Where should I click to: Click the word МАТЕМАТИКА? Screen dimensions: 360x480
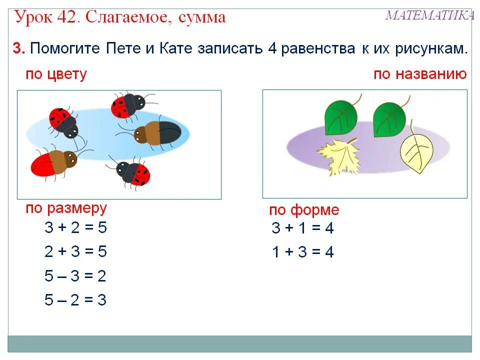[429, 15]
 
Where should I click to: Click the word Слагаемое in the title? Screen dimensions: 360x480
[125, 17]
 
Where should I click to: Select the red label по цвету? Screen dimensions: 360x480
[56, 74]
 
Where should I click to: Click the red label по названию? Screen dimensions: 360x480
[419, 74]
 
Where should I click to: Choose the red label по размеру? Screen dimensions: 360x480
[66, 208]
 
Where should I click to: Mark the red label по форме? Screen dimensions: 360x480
[304, 210]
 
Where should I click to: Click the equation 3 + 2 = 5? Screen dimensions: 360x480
[75, 228]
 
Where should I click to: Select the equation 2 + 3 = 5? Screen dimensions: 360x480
[75, 251]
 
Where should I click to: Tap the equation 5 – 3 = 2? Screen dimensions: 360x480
[75, 276]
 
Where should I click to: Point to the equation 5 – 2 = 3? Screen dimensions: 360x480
[75, 300]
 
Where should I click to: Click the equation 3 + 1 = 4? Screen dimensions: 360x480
[302, 228]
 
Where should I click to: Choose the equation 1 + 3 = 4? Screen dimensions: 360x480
[302, 252]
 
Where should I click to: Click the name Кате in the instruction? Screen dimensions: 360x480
[176, 49]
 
